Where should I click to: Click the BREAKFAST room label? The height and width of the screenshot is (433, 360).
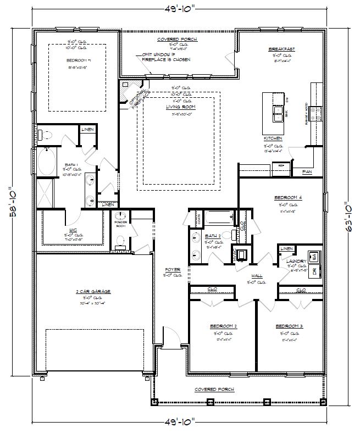click(281, 49)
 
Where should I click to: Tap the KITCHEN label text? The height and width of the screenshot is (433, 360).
click(273, 138)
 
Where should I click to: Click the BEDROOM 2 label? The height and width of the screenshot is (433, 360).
click(223, 326)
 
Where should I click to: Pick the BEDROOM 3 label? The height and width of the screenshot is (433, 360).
click(289, 326)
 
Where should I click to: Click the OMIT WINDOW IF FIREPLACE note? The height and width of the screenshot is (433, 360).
click(166, 57)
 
